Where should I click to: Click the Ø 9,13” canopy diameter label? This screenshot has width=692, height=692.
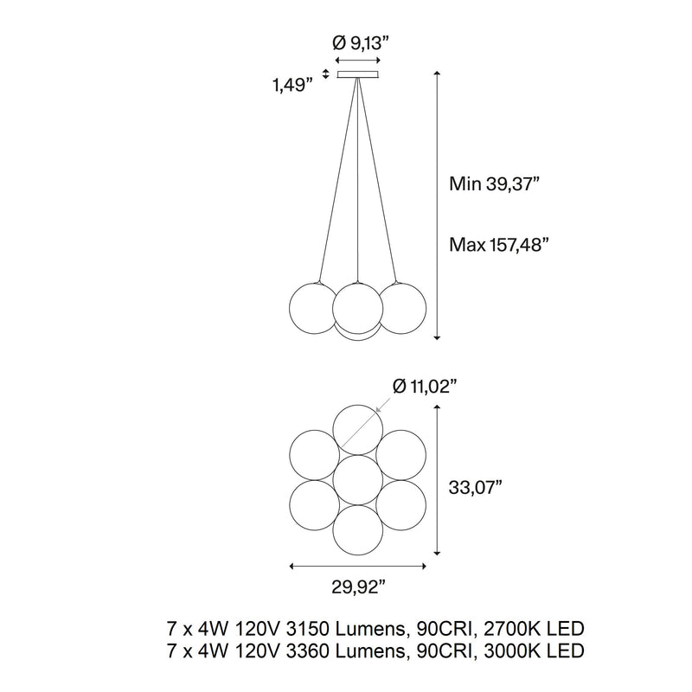[x=361, y=43]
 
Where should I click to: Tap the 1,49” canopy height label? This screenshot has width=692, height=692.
[x=289, y=84]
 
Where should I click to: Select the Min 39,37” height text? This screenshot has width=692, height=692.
[x=494, y=183]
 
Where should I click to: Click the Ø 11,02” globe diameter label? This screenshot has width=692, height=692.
[x=424, y=387]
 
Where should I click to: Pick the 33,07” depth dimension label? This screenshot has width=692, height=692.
[x=476, y=488]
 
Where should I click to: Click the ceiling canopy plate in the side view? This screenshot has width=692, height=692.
[x=358, y=74]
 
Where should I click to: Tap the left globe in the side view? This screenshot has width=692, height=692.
[x=313, y=308]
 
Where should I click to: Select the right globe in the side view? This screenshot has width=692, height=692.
[x=402, y=308]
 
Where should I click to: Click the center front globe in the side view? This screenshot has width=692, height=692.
[x=358, y=308]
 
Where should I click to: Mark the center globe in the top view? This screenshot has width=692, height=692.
[x=358, y=480]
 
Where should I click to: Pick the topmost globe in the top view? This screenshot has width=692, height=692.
[x=358, y=430]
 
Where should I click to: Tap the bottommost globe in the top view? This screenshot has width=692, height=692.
[x=358, y=530]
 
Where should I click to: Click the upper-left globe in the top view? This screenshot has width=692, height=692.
[x=314, y=455]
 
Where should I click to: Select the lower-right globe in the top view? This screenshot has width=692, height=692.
[x=401, y=505]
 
